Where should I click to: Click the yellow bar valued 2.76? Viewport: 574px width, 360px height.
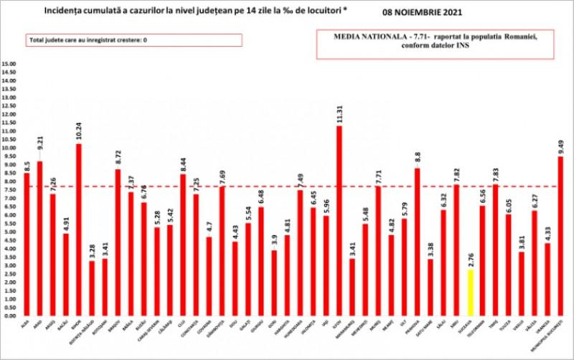pyautogui.click(x=469, y=292)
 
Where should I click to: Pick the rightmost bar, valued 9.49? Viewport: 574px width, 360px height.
pyautogui.click(x=560, y=236)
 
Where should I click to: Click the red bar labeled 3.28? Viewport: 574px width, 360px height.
pyautogui.click(x=91, y=288)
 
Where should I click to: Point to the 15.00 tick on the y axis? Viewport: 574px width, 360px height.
pyautogui.click(x=10, y=64)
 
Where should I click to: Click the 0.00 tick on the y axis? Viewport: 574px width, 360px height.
pyautogui.click(x=10, y=316)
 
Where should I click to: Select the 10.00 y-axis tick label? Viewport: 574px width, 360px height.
pyautogui.click(x=10, y=148)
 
